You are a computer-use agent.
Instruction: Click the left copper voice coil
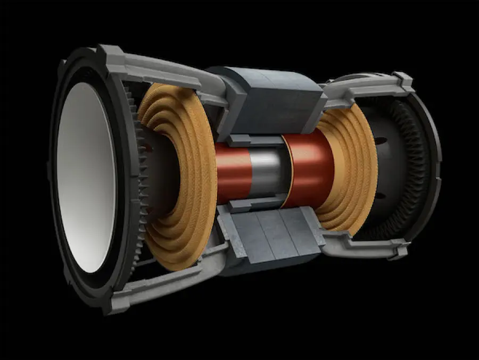coord(234,170)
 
